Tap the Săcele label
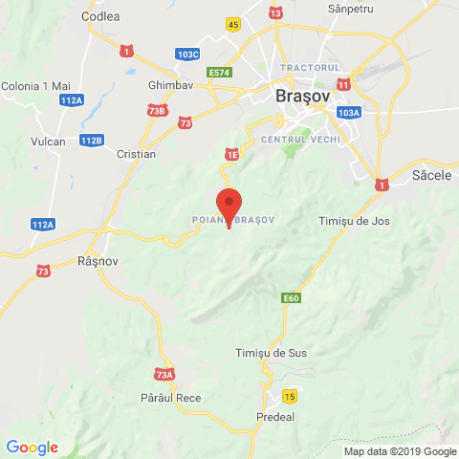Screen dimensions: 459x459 [428, 177]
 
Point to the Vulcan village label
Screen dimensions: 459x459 [47, 142]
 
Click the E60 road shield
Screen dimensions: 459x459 [292, 299]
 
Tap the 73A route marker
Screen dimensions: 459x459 [164, 375]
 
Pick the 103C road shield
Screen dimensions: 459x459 [188, 55]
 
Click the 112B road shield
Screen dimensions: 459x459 [91, 141]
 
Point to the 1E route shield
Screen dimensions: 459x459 [230, 153]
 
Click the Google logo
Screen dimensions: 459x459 [32, 447]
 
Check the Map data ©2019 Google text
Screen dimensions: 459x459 [400, 451]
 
